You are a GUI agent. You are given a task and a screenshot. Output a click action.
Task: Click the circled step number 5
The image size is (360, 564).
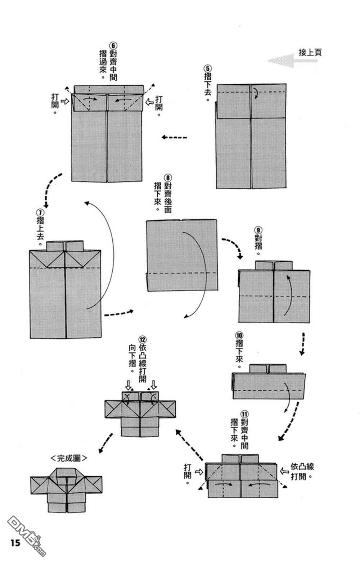[208, 68]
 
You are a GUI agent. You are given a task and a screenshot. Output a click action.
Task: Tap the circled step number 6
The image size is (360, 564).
[113, 46]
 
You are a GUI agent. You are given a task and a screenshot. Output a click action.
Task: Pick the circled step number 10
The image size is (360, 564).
[239, 335]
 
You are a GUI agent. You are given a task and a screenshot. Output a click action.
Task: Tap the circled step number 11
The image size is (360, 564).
[245, 414]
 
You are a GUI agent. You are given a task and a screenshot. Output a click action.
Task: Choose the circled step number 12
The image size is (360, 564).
[143, 339]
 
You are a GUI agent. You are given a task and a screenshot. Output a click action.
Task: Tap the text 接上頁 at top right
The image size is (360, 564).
[310, 52]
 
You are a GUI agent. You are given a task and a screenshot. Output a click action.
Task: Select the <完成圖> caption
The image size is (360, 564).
[69, 458]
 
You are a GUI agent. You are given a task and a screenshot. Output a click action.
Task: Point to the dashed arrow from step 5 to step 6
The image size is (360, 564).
[175, 137]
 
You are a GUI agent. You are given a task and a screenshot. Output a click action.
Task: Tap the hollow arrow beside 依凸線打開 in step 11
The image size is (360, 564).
[284, 470]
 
